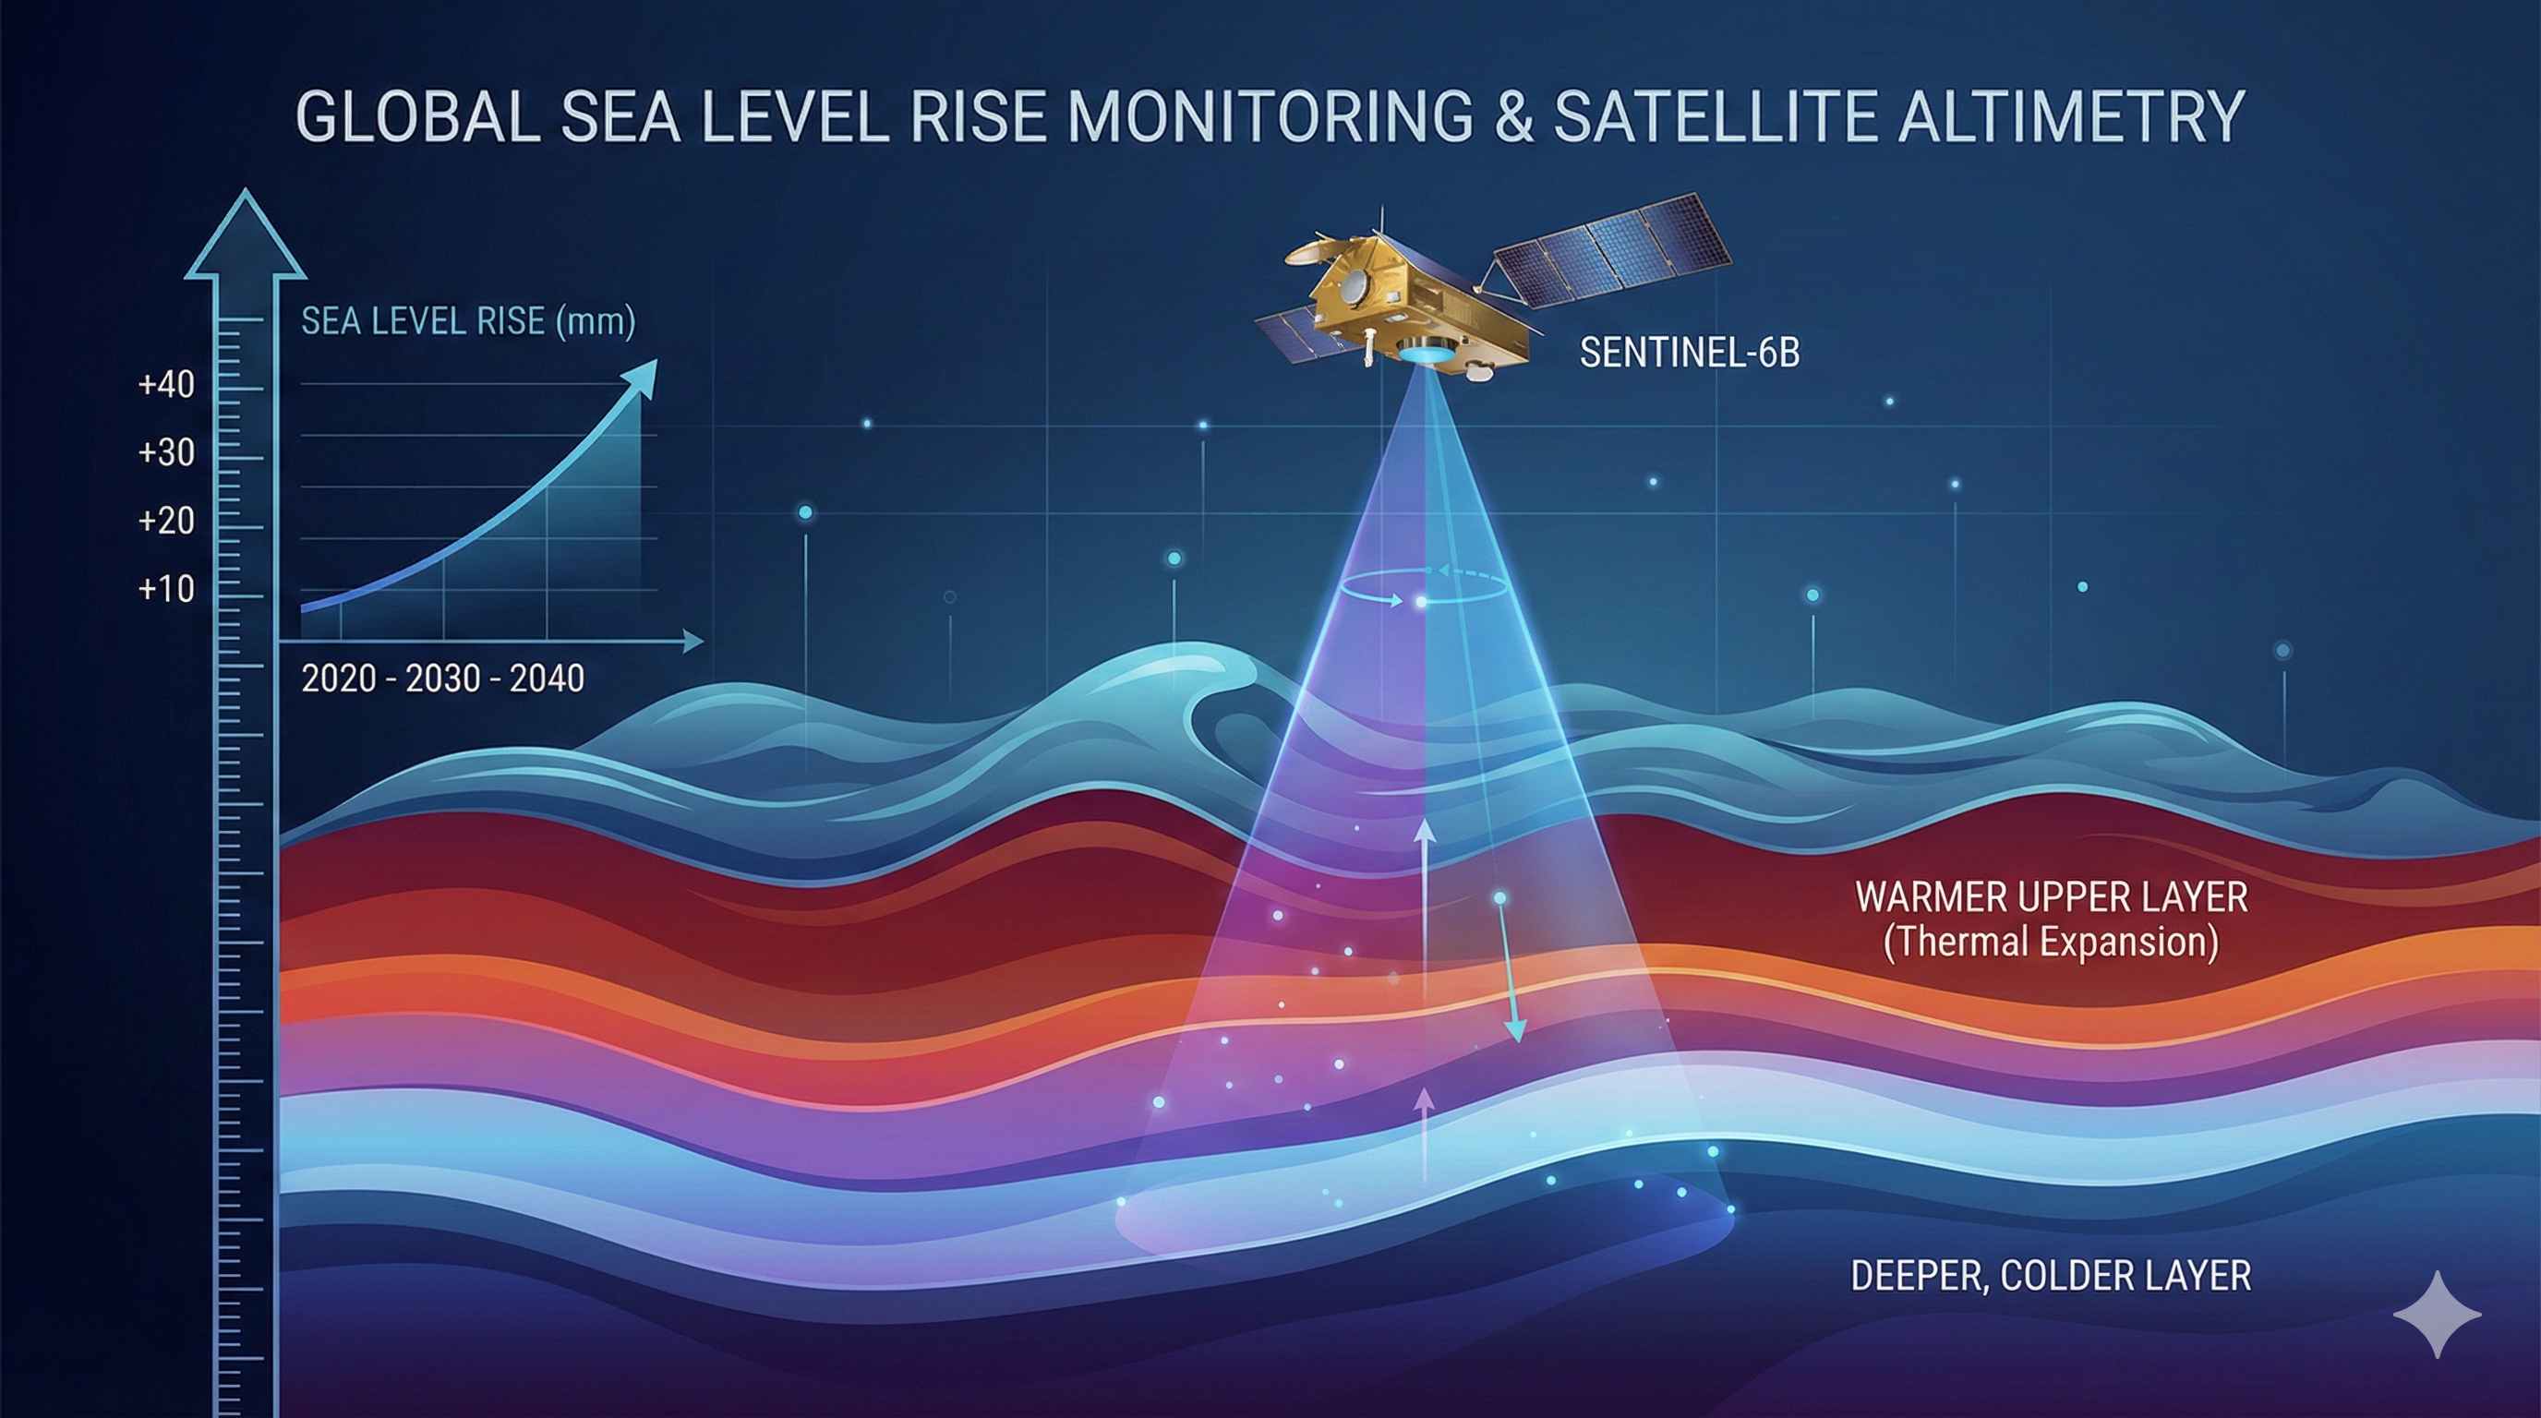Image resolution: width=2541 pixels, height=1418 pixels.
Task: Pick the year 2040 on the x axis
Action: tap(547, 679)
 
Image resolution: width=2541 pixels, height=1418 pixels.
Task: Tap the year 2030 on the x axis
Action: tap(443, 679)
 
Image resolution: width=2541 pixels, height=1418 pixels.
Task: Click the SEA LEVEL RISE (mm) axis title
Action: tap(468, 321)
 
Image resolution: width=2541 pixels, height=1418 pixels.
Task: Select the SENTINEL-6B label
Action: tap(1690, 353)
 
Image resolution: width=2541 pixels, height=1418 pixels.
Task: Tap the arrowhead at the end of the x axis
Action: tap(693, 642)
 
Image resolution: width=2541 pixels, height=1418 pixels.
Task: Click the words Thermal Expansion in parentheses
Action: tap(2051, 942)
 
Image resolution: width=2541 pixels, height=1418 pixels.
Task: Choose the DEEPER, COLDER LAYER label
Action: tap(2051, 1276)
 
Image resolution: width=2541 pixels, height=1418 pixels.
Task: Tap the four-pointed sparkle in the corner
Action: tap(2438, 1315)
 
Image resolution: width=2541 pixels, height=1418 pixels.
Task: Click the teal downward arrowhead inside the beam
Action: tap(1515, 1030)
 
